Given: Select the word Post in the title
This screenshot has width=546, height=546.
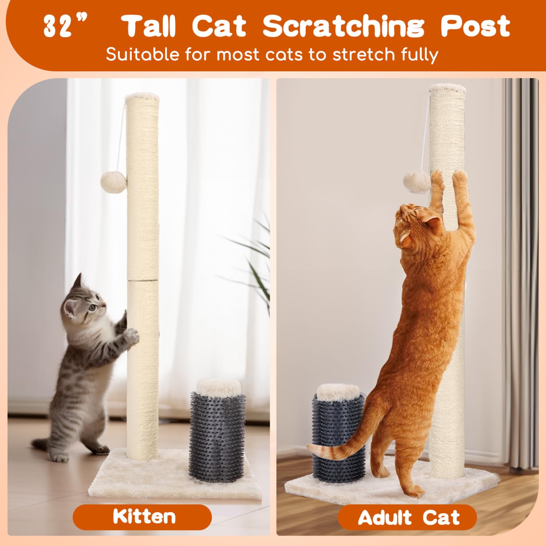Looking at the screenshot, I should pyautogui.click(x=475, y=26).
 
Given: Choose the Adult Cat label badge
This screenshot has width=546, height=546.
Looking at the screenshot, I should pyautogui.click(x=408, y=517).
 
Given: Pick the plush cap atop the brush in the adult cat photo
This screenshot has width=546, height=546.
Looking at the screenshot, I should pyautogui.click(x=336, y=392).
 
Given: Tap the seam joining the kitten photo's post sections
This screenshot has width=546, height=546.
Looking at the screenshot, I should pyautogui.click(x=142, y=280).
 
